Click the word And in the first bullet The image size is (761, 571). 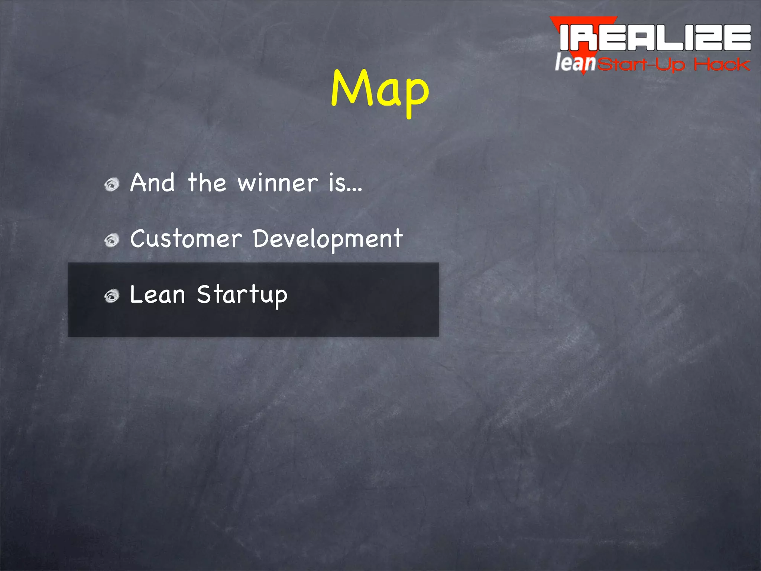[152, 183]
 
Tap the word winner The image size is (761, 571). [278, 183]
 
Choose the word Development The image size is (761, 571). [328, 239]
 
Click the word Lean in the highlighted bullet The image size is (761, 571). [158, 294]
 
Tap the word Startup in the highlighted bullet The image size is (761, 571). [242, 295]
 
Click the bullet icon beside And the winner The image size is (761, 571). [112, 184]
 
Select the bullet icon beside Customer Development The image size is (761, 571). [112, 240]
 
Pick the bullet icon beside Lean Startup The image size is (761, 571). [112, 296]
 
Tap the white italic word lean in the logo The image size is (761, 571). [575, 62]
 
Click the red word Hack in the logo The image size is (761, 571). [722, 65]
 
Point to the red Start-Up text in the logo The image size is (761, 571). [641, 65]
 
